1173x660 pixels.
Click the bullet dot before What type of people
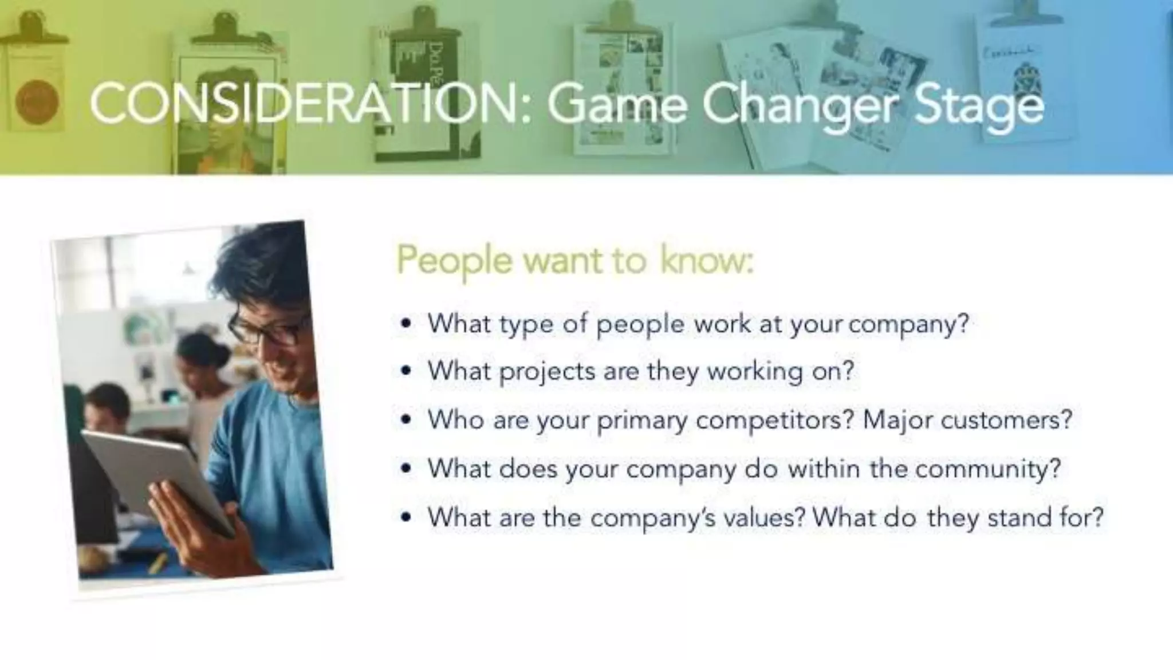(x=406, y=324)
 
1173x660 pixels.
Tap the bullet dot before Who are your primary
(x=406, y=421)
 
